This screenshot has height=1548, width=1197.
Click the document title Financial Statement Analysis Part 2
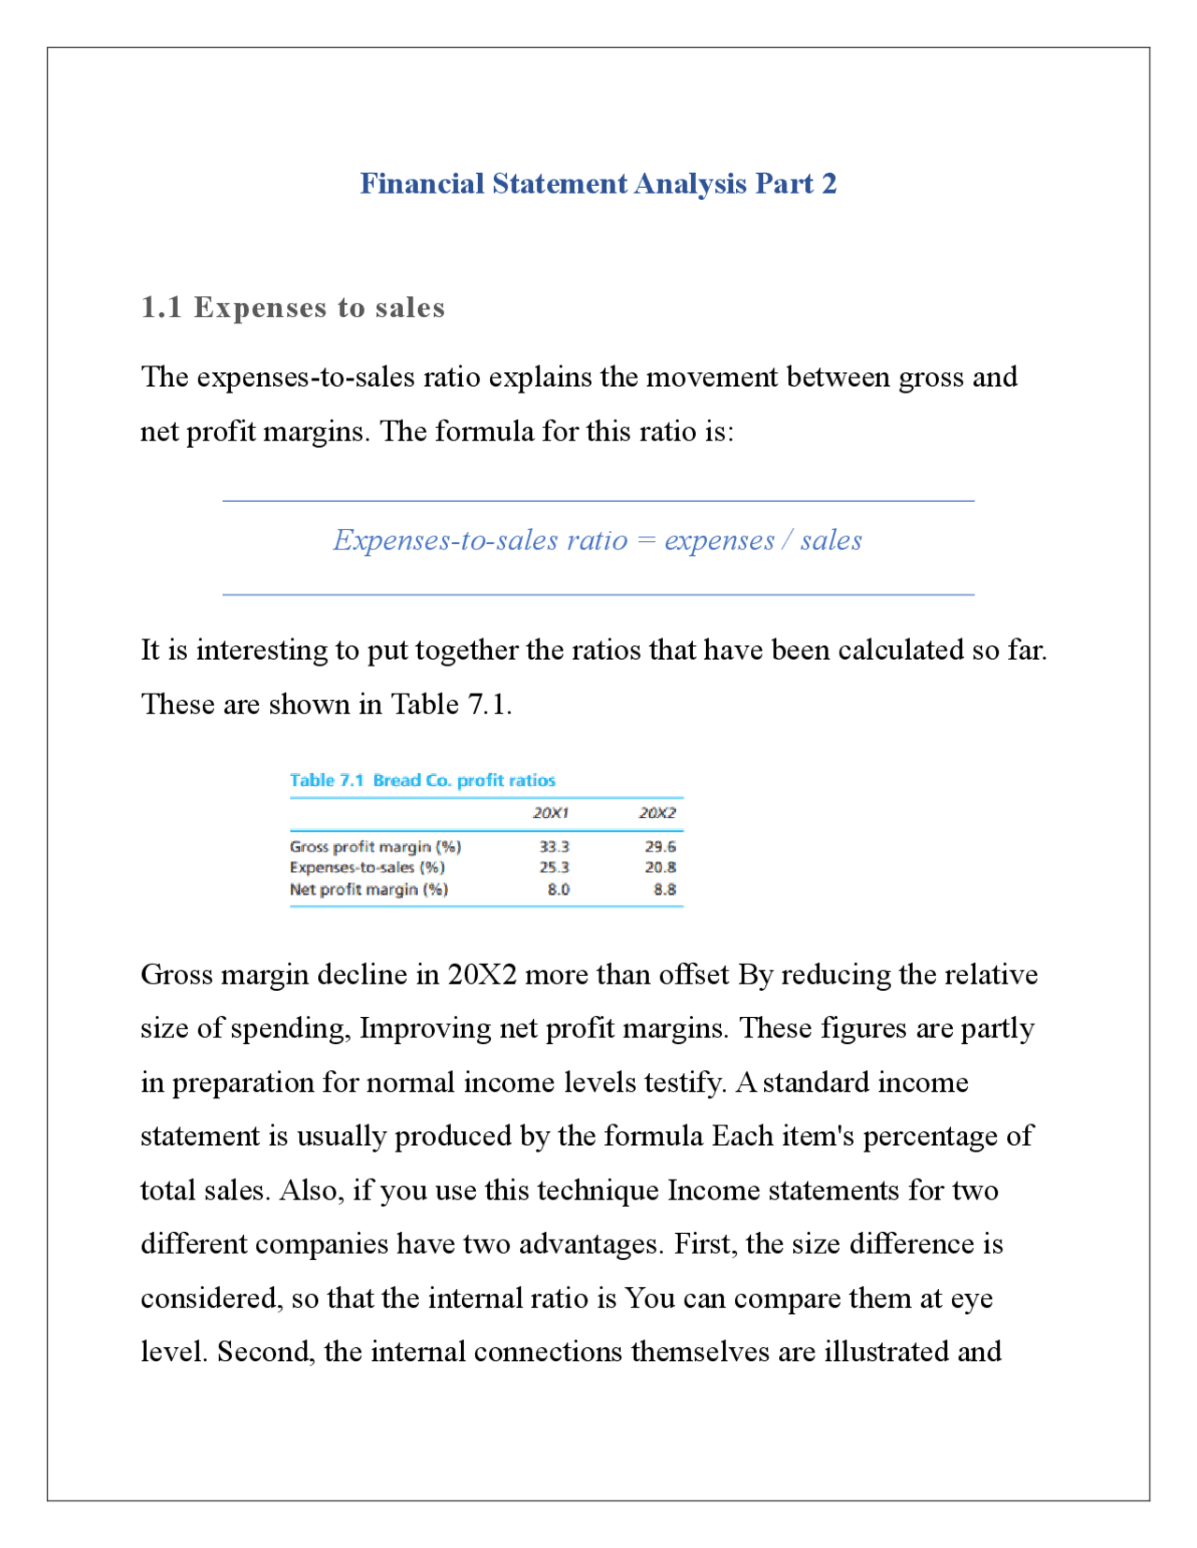(598, 183)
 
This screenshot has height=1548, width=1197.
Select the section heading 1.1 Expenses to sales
(293, 308)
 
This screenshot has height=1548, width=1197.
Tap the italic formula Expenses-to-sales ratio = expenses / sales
(598, 540)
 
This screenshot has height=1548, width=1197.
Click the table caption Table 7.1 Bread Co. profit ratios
(422, 781)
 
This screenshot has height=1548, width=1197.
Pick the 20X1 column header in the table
(550, 813)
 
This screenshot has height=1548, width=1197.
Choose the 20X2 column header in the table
(656, 813)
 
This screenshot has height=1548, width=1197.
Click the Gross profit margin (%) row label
(375, 847)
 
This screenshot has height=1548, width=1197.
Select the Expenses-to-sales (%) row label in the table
(367, 867)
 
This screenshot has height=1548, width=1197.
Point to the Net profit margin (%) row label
(368, 890)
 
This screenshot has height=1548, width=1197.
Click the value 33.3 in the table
(554, 847)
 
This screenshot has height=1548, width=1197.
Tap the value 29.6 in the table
(659, 847)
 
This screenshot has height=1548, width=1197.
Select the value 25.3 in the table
(554, 867)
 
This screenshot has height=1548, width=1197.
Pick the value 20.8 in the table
(659, 867)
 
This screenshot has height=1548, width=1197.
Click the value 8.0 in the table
(558, 890)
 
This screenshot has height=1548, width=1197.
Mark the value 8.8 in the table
(664, 890)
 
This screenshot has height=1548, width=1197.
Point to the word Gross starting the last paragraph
(178, 975)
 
